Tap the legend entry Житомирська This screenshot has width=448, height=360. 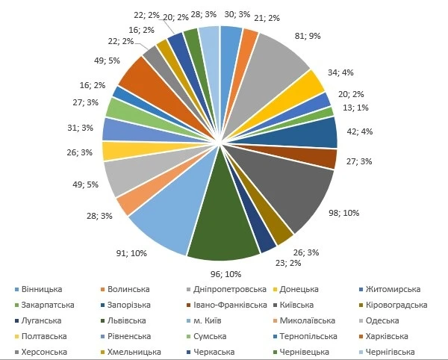(388, 289)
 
